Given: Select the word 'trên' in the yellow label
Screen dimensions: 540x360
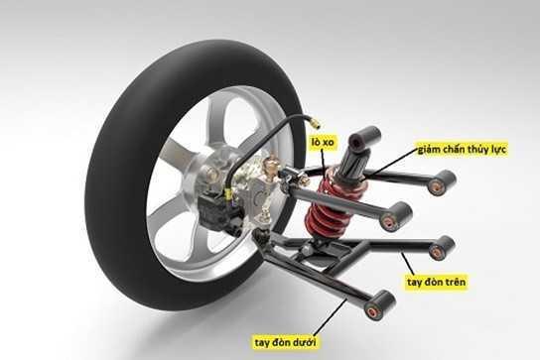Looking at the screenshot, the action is point(454,283).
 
